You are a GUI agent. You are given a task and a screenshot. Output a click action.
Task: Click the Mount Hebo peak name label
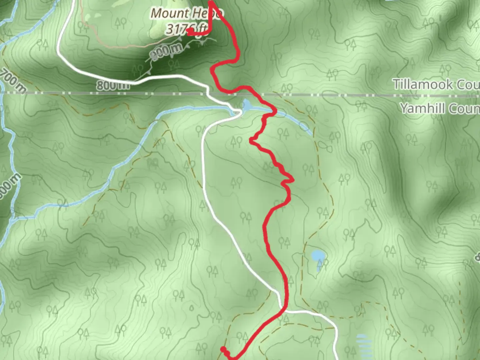point(186,14)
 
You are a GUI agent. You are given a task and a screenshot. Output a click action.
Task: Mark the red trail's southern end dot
point(223,349)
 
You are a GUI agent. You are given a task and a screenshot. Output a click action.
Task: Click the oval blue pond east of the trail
point(318,256)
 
